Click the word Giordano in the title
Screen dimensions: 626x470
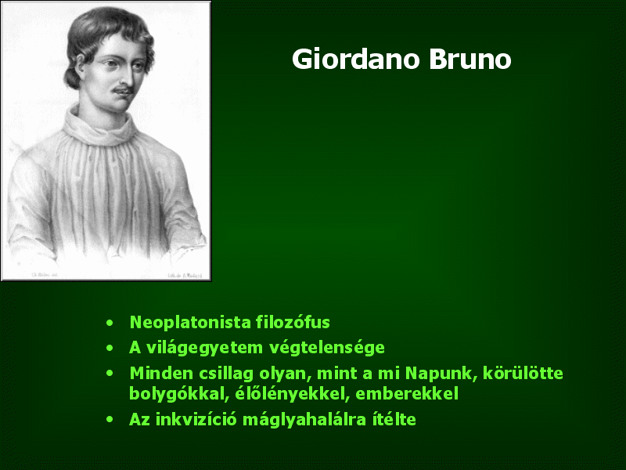[x=356, y=60]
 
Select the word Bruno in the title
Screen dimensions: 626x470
[x=470, y=60]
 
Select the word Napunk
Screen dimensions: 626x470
[x=441, y=374]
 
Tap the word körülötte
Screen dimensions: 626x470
[x=523, y=374]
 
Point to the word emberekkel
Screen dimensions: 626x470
[x=407, y=394]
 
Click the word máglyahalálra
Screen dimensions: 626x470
[x=304, y=420]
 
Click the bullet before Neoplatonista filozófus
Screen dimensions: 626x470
[x=110, y=323]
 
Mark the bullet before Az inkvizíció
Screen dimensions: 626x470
[x=110, y=420]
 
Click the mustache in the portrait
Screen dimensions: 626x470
[x=122, y=89]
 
